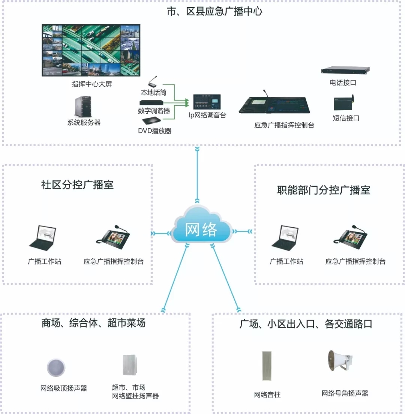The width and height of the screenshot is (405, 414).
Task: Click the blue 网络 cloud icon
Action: coord(201,225)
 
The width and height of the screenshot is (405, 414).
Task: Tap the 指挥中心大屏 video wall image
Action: coord(91,50)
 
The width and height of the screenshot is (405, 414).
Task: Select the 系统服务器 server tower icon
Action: coord(83,106)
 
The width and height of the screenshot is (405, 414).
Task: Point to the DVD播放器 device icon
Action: coord(151,121)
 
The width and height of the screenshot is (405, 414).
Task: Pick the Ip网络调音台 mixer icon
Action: coord(207,102)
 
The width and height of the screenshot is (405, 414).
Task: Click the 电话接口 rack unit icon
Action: coord(345,70)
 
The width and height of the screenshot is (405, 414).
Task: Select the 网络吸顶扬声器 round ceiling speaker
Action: coord(56,367)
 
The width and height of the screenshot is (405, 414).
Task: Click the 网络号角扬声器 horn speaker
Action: coord(340,361)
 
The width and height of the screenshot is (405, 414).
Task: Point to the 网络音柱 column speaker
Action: coord(267,366)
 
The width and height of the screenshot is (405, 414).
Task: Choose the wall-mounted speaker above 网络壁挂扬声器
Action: coord(129,365)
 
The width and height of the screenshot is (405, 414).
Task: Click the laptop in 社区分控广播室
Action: coord(43,238)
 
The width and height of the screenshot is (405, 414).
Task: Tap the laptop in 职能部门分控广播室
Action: coord(285,238)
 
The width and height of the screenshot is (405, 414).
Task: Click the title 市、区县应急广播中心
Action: coord(214,11)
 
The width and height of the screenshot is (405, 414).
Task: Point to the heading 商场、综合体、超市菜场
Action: coord(93,323)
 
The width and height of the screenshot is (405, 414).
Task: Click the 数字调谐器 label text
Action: coord(154,111)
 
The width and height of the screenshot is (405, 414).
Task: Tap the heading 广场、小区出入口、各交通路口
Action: coord(306,324)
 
